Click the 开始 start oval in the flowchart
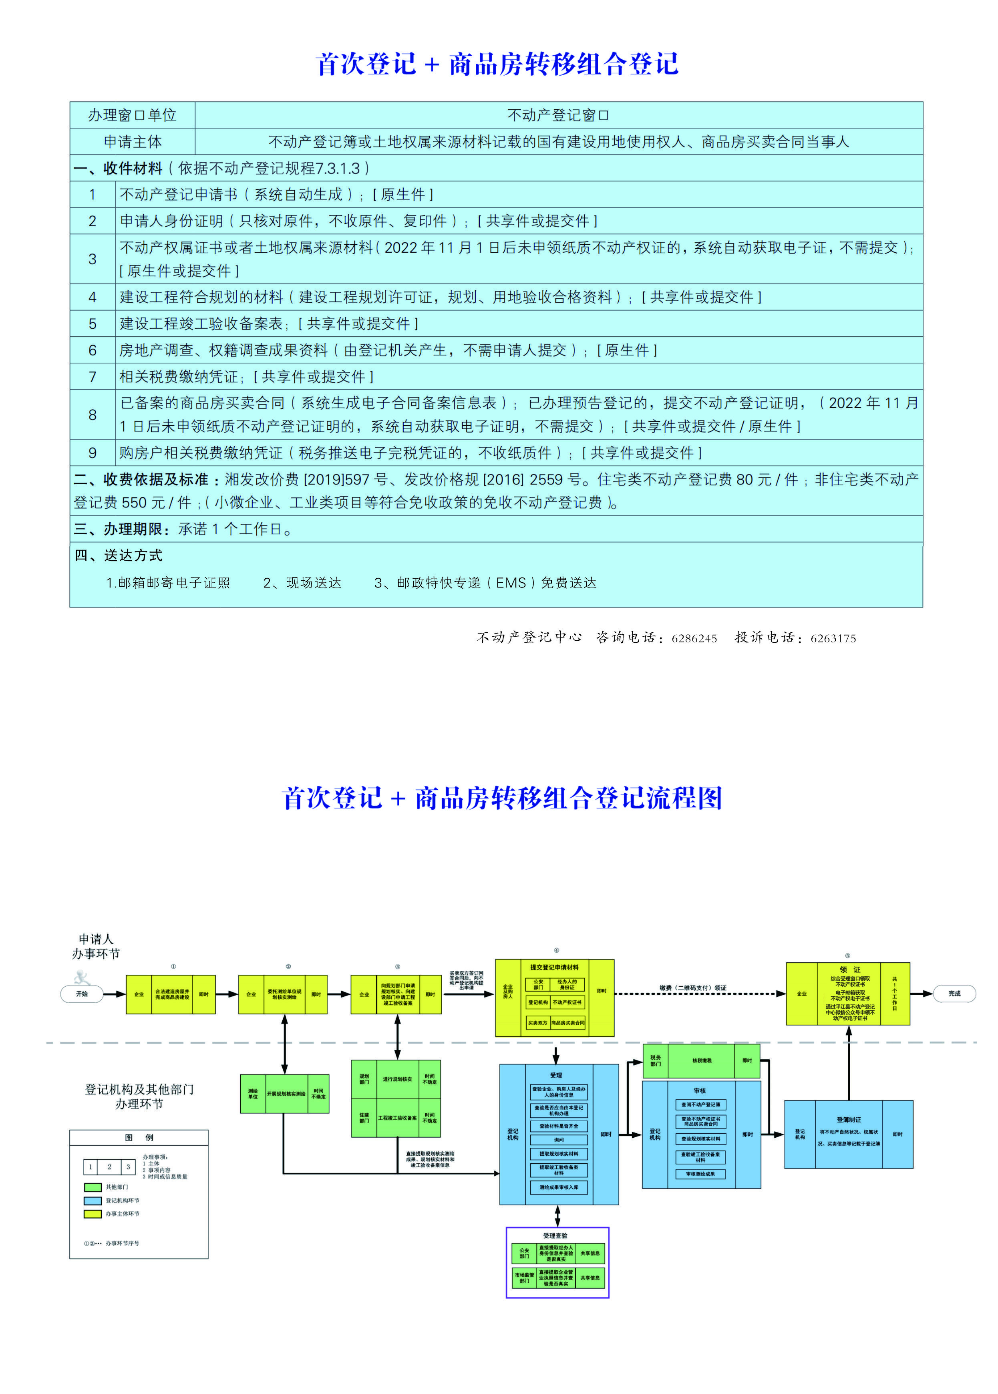82,994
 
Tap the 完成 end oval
954,994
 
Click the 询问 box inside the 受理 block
559,1140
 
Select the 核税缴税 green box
701,1060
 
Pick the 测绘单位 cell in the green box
253,1094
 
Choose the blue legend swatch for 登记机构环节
93,1201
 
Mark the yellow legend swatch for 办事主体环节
93,1214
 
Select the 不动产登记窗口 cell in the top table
558,115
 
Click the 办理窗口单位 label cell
132,115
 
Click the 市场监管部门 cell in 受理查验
524,1278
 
